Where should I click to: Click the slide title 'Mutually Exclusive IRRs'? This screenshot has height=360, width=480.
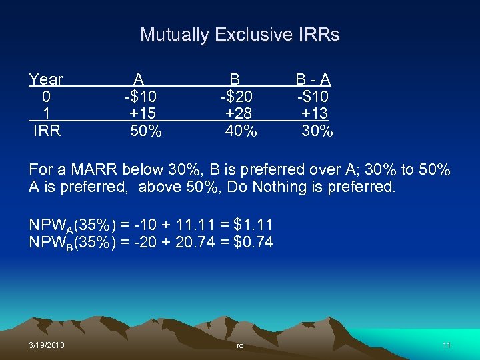click(x=240, y=35)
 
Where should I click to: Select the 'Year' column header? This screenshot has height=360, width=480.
click(x=46, y=80)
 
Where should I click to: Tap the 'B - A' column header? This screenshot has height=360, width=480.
click(x=314, y=80)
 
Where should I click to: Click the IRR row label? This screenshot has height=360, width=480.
click(x=47, y=131)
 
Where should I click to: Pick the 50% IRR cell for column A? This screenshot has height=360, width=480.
click(x=145, y=131)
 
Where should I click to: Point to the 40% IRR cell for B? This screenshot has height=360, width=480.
click(x=241, y=131)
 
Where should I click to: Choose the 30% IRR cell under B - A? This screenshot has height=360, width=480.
click(x=317, y=131)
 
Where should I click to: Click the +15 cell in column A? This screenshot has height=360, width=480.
click(x=143, y=113)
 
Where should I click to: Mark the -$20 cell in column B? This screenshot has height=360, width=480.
click(x=237, y=97)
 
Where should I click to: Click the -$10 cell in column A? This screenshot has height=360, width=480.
click(x=141, y=97)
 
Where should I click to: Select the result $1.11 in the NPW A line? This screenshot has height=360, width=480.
click(x=253, y=225)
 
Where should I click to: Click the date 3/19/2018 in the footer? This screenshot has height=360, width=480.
click(x=47, y=345)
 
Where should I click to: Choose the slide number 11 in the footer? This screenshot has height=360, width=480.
click(x=447, y=345)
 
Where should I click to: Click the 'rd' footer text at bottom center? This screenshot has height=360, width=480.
click(x=241, y=346)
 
